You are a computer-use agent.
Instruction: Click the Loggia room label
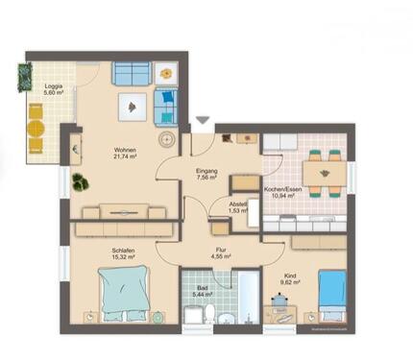54,86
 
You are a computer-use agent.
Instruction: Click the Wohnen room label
125,150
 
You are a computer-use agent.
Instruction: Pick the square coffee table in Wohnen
128,108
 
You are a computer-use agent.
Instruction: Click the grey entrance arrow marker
202,120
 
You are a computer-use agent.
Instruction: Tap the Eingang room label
206,171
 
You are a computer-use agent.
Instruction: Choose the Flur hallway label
219,251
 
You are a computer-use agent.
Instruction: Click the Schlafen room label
121,251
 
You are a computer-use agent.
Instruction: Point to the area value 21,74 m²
125,156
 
